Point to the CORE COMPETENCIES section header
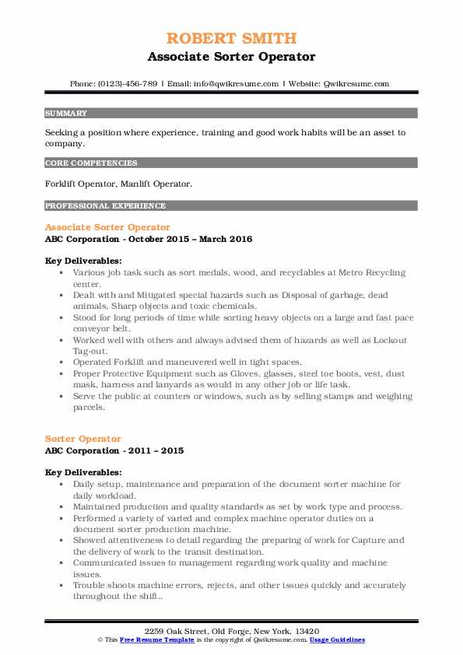(92, 163)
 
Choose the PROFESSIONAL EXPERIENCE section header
(106, 206)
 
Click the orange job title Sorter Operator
(83, 439)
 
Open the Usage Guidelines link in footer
(338, 639)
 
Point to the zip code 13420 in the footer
(303, 629)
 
